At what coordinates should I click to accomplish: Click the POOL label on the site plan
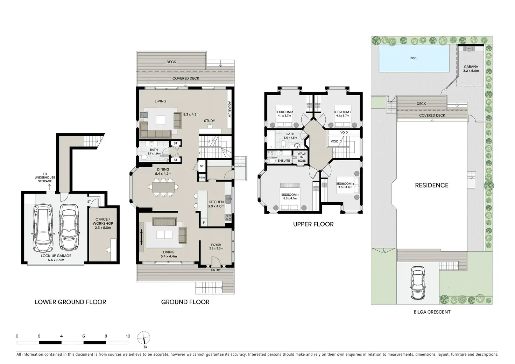414,58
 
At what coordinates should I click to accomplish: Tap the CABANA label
471,67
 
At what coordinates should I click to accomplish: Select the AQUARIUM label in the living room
229,109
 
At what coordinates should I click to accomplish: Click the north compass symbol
144,338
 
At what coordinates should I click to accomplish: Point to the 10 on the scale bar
128,336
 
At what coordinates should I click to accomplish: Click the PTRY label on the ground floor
202,177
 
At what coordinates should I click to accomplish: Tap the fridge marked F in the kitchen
204,223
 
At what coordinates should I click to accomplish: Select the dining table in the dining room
163,187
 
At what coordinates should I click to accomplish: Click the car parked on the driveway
417,283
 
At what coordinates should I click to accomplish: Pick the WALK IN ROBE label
302,157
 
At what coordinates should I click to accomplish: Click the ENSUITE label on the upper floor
284,161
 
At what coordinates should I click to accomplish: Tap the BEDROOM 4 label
345,183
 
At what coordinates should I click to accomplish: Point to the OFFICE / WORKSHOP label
103,221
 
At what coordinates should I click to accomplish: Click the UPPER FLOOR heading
313,224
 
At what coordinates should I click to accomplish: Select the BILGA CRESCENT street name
432,312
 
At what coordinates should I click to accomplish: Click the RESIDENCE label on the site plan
431,185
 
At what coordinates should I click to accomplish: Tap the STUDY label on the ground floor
210,121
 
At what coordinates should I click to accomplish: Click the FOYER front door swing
216,261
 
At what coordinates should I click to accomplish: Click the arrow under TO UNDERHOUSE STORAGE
49,187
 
